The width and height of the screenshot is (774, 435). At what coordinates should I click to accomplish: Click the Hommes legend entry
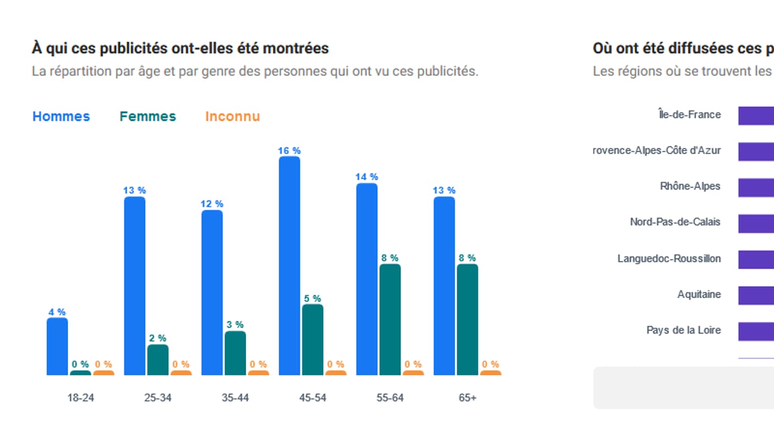(x=61, y=116)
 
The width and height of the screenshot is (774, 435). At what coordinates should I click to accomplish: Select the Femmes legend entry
(x=148, y=116)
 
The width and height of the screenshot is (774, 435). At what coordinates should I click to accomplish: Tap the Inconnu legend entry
(x=232, y=116)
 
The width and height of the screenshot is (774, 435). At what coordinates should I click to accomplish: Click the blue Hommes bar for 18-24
(x=57, y=346)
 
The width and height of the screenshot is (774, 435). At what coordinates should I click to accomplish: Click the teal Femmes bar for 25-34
(x=158, y=360)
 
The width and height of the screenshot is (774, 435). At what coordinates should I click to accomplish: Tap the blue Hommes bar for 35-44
(x=212, y=293)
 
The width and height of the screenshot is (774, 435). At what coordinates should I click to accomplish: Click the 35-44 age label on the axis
(x=235, y=398)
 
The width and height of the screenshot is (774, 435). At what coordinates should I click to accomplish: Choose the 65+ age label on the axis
(x=467, y=398)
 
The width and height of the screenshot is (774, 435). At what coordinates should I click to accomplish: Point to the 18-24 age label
(x=81, y=398)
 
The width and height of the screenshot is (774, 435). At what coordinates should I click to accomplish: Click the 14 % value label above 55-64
(x=367, y=177)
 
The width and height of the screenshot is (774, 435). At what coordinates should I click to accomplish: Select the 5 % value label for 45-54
(x=312, y=298)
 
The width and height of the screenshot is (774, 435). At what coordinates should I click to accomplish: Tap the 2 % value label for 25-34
(x=157, y=338)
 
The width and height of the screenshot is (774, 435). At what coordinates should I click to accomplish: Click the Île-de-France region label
(x=689, y=115)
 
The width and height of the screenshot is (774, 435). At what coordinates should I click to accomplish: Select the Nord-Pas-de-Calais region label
(x=675, y=222)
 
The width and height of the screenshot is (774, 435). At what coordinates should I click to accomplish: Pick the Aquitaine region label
(x=699, y=294)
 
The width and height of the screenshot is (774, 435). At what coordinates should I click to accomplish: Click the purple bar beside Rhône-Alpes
(x=756, y=187)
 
